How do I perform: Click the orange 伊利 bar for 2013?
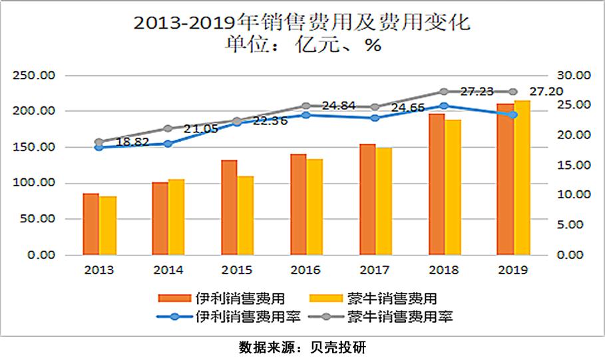[91, 224]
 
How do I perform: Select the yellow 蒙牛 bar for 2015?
[246, 216]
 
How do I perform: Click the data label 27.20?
[550, 90]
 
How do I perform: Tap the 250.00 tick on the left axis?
[38, 75]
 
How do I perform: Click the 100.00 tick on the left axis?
[38, 183]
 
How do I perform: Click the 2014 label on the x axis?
[168, 270]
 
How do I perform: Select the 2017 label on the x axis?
[375, 270]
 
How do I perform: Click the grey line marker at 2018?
[444, 91]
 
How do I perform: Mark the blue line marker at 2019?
[513, 114]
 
